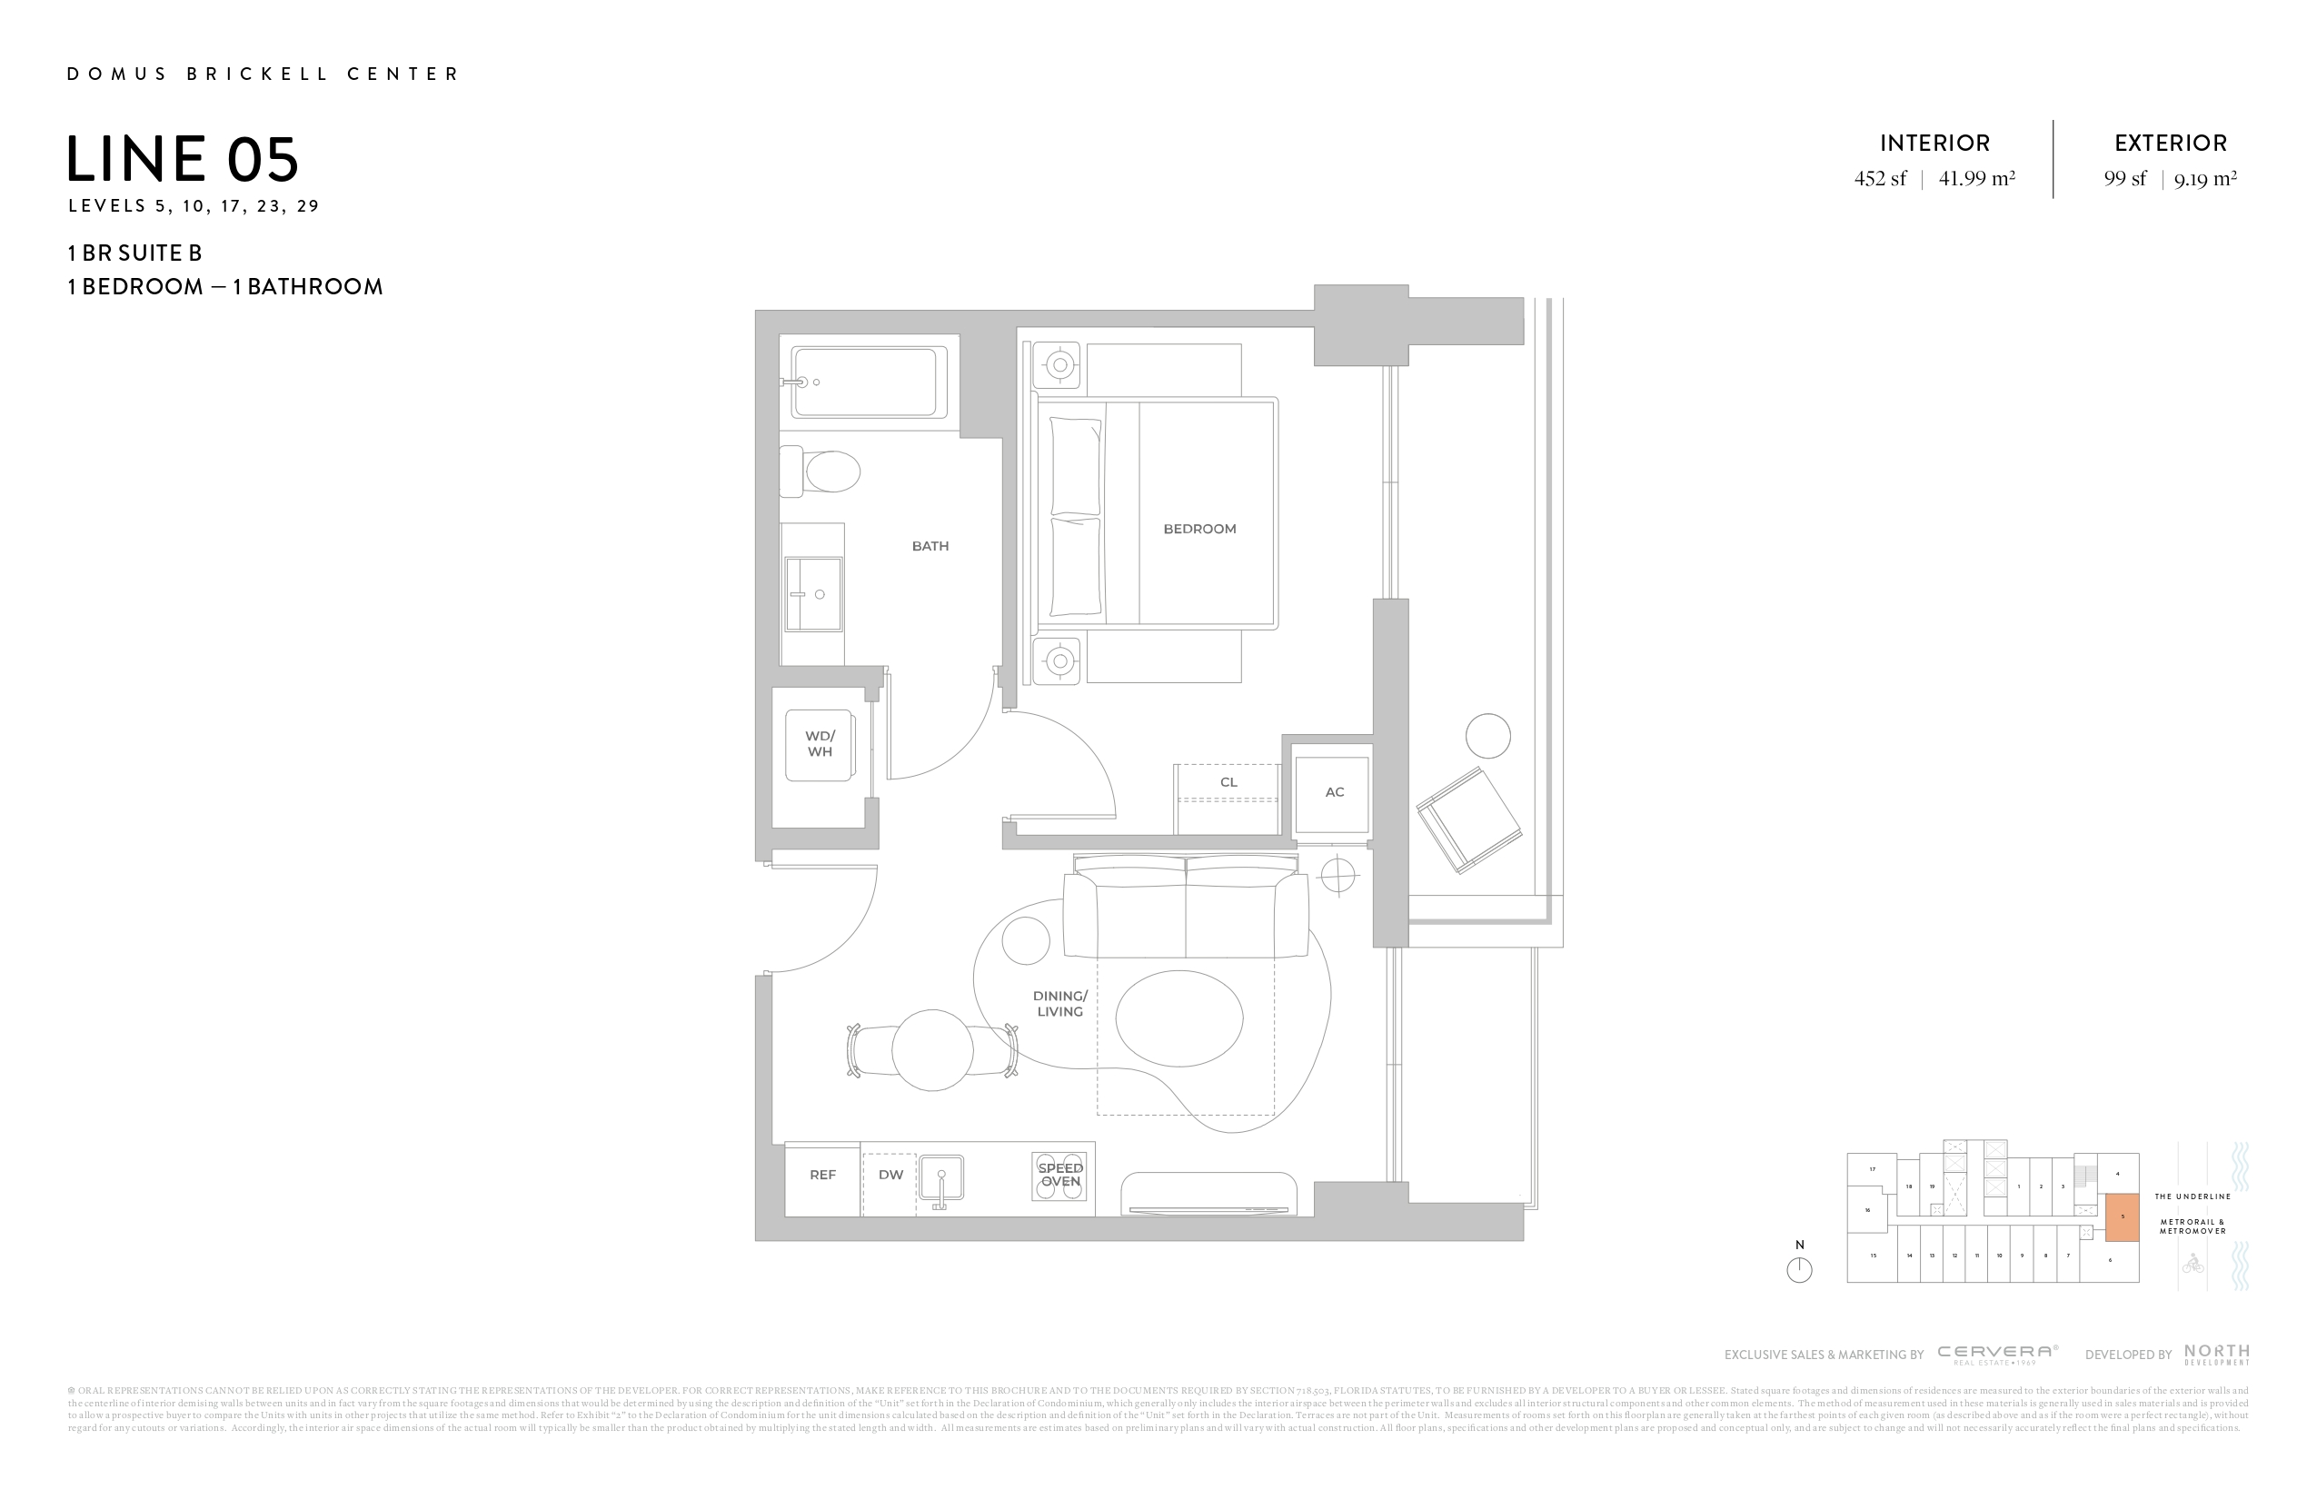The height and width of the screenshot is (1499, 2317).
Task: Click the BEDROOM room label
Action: [x=1199, y=529]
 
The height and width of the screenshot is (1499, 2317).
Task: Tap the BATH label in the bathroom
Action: [x=930, y=546]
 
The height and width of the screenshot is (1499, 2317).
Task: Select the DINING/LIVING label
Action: [x=1059, y=1004]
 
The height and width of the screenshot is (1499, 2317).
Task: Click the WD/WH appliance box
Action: [x=820, y=745]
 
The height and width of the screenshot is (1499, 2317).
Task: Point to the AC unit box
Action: [x=1333, y=792]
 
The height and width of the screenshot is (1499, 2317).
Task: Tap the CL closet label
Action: [x=1228, y=782]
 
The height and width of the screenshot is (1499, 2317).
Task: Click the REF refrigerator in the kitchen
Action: [x=822, y=1175]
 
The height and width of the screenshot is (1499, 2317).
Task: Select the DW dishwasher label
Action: [x=890, y=1175]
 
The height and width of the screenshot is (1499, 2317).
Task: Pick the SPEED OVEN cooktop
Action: [x=1059, y=1175]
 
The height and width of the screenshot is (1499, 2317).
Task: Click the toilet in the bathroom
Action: [x=822, y=473]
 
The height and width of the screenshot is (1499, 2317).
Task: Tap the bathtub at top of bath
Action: [x=869, y=382]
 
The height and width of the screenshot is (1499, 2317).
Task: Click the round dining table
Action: [x=931, y=1049]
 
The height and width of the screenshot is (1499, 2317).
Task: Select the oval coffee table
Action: [x=1179, y=1018]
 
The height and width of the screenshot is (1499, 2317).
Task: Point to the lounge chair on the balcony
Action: [x=1469, y=819]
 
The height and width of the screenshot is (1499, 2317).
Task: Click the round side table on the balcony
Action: [x=1487, y=736]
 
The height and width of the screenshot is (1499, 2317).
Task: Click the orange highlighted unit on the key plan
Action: [x=2123, y=1216]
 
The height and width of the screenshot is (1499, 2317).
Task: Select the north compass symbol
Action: [x=1799, y=1269]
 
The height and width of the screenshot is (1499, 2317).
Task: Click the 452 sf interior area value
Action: [x=1880, y=179]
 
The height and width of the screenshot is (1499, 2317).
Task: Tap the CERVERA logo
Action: [x=1998, y=1353]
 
